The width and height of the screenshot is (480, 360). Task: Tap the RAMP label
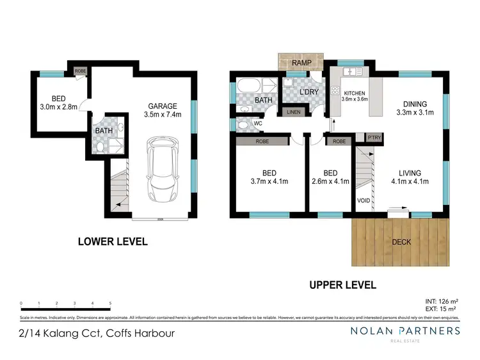pos(301,63)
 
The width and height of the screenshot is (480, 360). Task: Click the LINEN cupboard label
pos(293,112)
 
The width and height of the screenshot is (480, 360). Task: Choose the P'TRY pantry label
pos(373,138)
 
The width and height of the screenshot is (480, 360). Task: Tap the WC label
pos(259,123)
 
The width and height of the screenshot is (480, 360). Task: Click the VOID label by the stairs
pos(363,201)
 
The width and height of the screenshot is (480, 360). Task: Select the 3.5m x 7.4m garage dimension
pos(163,115)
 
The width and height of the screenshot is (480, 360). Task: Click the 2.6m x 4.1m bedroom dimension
pos(330,181)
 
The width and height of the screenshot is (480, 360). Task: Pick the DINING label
pos(414,104)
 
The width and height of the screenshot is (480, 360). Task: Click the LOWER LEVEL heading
pos(113,241)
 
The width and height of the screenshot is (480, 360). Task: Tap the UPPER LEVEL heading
pos(343,285)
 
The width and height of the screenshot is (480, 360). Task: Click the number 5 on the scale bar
pos(111,303)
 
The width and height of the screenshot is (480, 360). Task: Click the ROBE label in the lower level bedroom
pos(80,71)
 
